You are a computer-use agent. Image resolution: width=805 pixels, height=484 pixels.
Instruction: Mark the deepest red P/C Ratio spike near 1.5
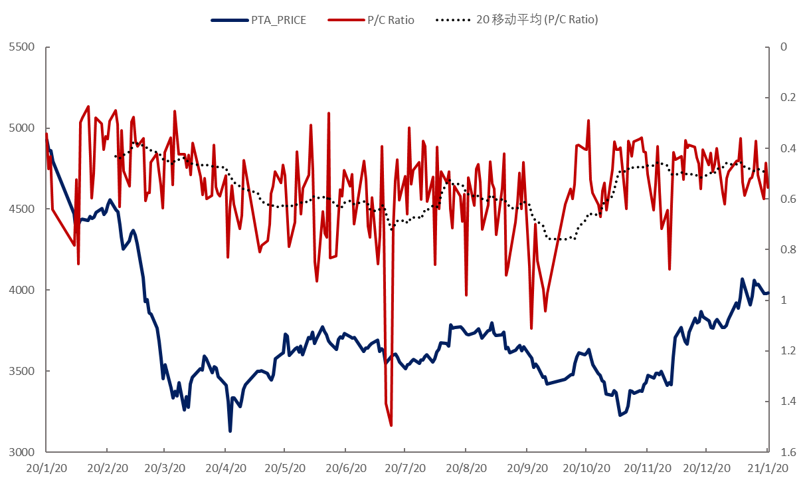[391, 425]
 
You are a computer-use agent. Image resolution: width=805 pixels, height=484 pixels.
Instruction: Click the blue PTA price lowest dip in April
[230, 431]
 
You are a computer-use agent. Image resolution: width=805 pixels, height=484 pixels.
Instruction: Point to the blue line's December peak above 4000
[742, 279]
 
